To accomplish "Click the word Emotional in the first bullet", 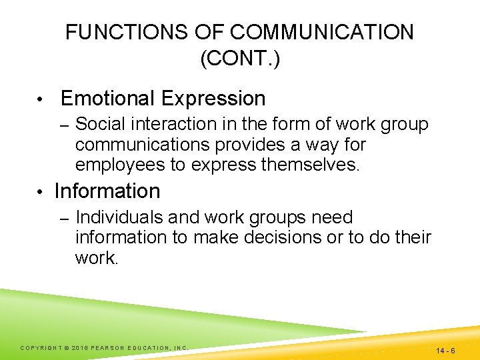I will click(107, 99).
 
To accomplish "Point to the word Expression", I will click(213, 99).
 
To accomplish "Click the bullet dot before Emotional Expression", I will click(41, 100).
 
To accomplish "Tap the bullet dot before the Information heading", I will click(41, 192).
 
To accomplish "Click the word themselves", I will click(306, 164).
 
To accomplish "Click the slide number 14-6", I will click(445, 350).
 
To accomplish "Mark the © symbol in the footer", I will click(67, 347).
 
